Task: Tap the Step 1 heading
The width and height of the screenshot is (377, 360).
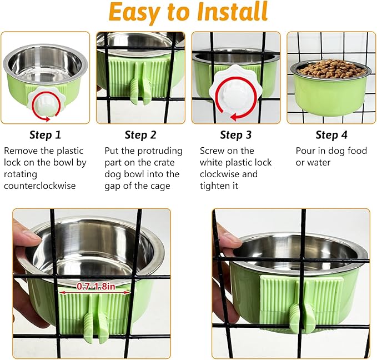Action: click(45, 134)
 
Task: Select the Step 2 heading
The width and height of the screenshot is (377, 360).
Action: click(140, 134)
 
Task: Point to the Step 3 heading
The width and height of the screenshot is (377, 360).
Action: click(235, 134)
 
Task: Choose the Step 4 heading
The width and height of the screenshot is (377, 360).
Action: click(331, 134)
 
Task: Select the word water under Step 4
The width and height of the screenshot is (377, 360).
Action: click(318, 162)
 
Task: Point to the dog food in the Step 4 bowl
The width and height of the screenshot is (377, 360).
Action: click(331, 68)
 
